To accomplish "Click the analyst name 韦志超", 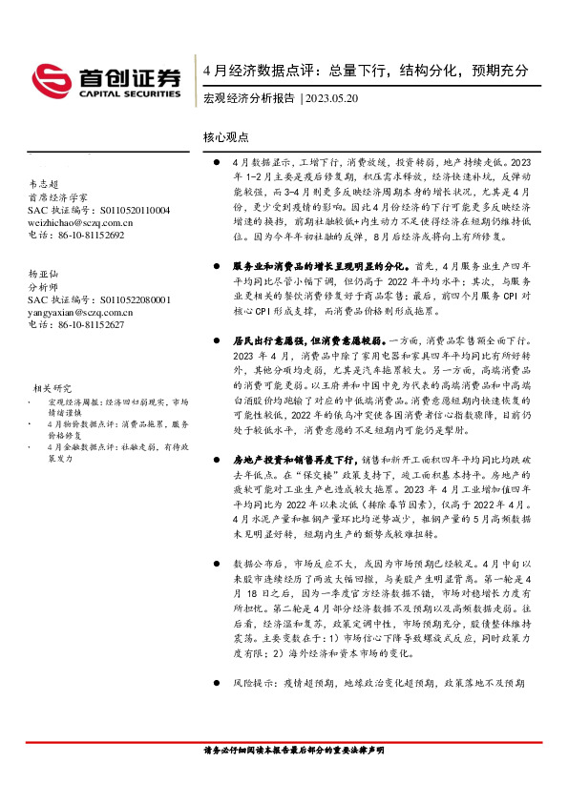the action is [x=44, y=184].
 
